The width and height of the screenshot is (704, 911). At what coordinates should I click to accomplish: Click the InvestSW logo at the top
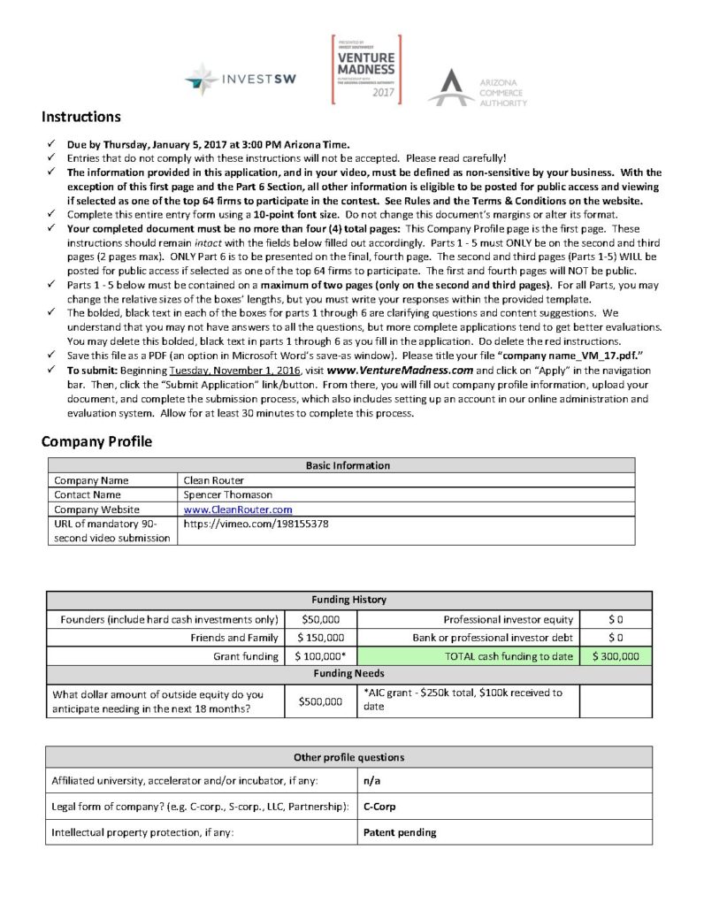pos(241,79)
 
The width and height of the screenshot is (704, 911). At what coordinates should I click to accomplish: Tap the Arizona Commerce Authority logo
pos(477,87)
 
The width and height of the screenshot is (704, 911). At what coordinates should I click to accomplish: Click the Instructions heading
pos(81,117)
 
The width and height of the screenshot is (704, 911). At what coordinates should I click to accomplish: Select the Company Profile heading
pos(96,441)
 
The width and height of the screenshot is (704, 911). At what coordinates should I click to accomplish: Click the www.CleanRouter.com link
pos(238,509)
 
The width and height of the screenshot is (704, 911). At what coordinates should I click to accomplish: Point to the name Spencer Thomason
pos(229,494)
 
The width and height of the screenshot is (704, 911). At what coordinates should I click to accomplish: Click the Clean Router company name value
pos(214,480)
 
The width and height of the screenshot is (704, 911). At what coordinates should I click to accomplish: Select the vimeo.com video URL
pos(256,524)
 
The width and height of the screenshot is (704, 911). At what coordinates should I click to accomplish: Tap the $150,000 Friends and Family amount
pos(321,637)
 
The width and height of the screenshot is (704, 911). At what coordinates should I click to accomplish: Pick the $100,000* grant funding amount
pos(321,656)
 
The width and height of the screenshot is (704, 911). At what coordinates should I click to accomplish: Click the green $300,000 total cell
pos(615,656)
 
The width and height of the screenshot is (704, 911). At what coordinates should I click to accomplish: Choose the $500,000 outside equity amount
pos(321,700)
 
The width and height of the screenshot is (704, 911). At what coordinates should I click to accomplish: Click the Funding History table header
pos(348,600)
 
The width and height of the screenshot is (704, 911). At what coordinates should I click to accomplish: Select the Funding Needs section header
pos(348,674)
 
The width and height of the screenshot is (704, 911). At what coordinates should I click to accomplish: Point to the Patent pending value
pos(400,832)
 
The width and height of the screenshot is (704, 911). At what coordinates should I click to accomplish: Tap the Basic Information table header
pos(348,465)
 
